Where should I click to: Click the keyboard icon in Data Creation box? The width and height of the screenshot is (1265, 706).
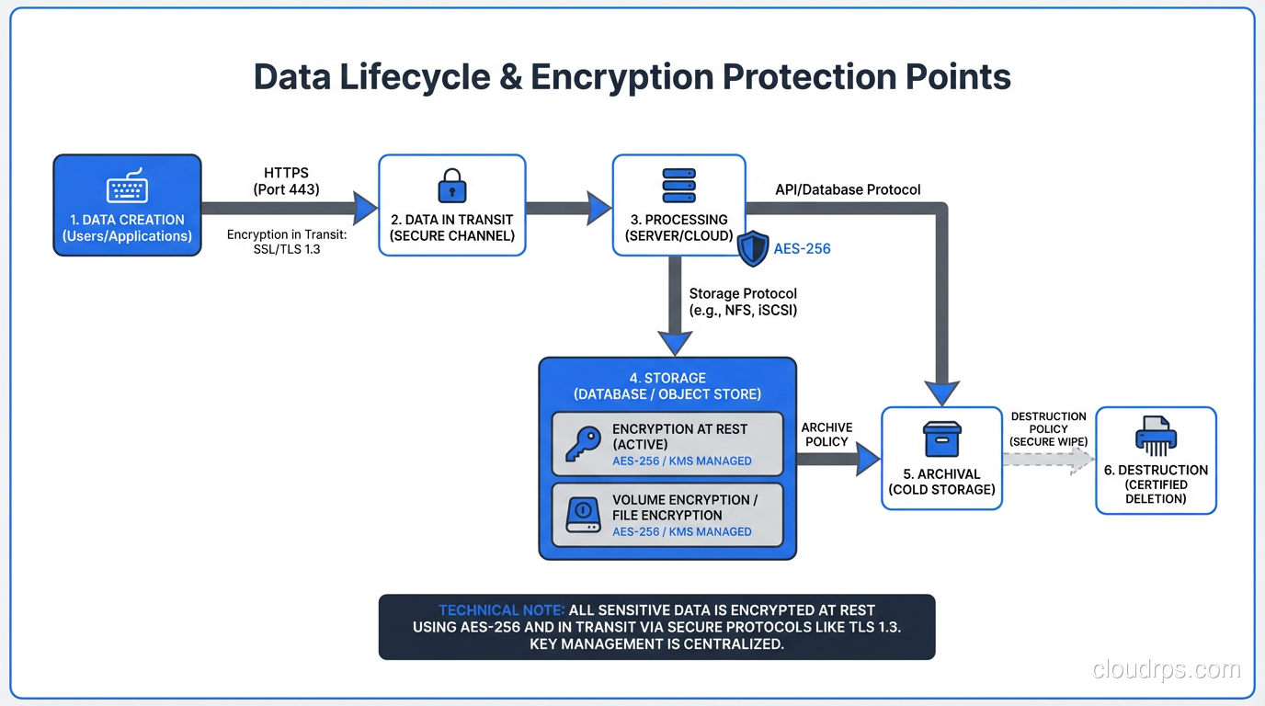tap(127, 187)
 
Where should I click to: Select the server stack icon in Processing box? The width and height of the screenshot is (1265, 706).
tap(678, 186)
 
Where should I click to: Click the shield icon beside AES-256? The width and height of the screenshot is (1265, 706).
tap(753, 249)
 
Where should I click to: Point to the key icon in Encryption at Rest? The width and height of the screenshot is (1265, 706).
tap(584, 444)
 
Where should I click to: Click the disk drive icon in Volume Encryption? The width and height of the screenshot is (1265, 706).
tap(584, 515)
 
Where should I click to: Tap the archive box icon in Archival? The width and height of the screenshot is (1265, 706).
tap(941, 439)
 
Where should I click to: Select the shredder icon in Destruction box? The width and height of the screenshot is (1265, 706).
tap(1156, 436)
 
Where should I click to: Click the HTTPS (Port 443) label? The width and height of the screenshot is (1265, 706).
tap(286, 181)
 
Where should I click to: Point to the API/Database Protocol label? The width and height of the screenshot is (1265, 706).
tap(848, 189)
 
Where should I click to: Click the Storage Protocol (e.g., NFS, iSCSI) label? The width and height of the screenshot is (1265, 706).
tap(743, 302)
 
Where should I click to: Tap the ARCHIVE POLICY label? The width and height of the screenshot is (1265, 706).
tap(826, 435)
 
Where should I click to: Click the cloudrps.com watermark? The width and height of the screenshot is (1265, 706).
tap(1166, 669)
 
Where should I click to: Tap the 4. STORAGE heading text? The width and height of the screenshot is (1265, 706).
tap(667, 378)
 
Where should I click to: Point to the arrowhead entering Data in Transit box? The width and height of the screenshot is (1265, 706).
tap(365, 208)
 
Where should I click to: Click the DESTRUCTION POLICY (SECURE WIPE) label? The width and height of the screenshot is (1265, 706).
tap(1048, 428)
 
